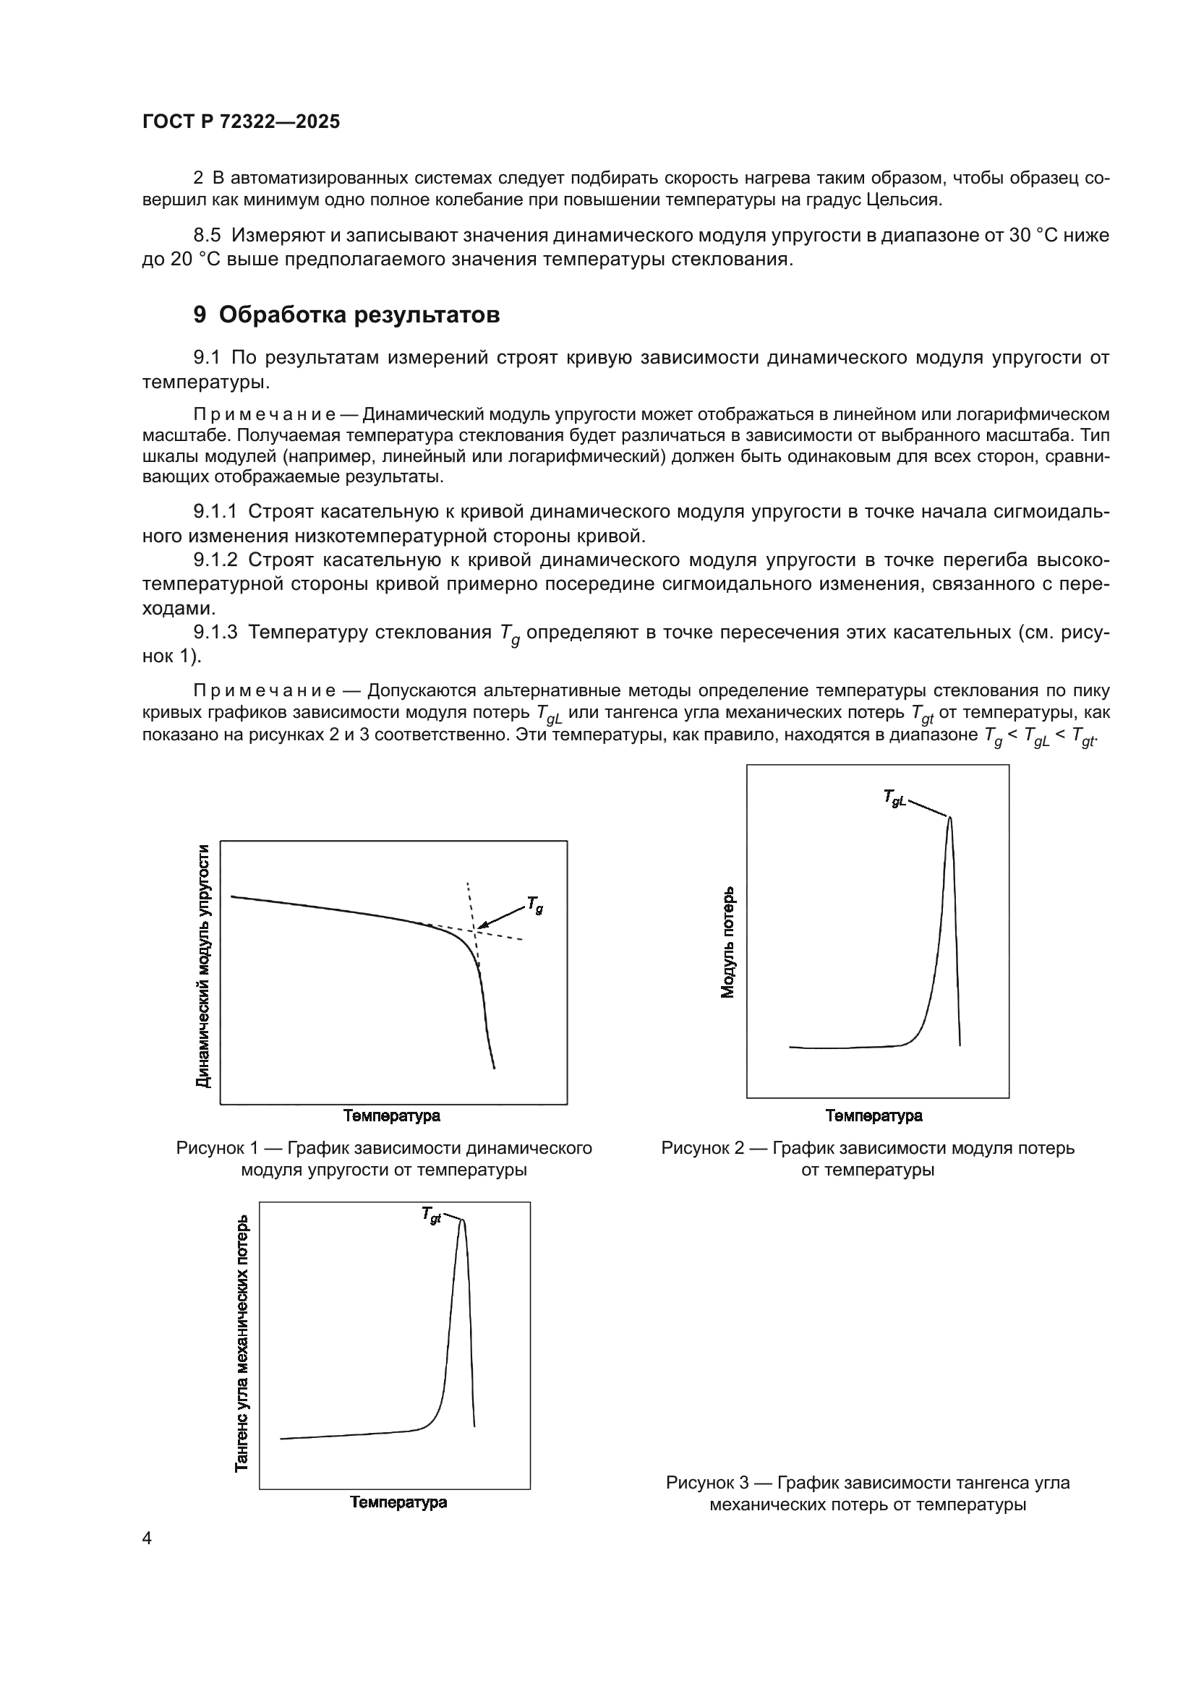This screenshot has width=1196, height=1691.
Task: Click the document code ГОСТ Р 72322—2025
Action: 241,122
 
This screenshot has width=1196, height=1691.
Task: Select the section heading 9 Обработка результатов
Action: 346,315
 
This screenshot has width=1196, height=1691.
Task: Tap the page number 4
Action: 147,1538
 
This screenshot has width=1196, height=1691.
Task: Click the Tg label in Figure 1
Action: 535,906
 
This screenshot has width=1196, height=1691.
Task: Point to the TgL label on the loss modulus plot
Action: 894,799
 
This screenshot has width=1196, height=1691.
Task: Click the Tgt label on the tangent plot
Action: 432,1216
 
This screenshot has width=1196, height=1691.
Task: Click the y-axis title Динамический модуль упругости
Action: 204,966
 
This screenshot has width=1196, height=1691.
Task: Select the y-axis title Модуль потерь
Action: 728,942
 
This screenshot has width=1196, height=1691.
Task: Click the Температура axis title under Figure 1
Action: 392,1116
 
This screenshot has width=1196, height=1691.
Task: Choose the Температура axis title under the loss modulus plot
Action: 874,1116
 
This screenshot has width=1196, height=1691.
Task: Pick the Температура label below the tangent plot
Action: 398,1502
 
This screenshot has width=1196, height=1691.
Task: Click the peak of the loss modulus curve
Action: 949,818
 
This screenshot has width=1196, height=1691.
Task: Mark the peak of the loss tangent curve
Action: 463,1221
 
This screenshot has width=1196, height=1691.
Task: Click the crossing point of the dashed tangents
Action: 476,932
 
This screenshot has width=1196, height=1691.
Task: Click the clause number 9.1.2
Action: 215,560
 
